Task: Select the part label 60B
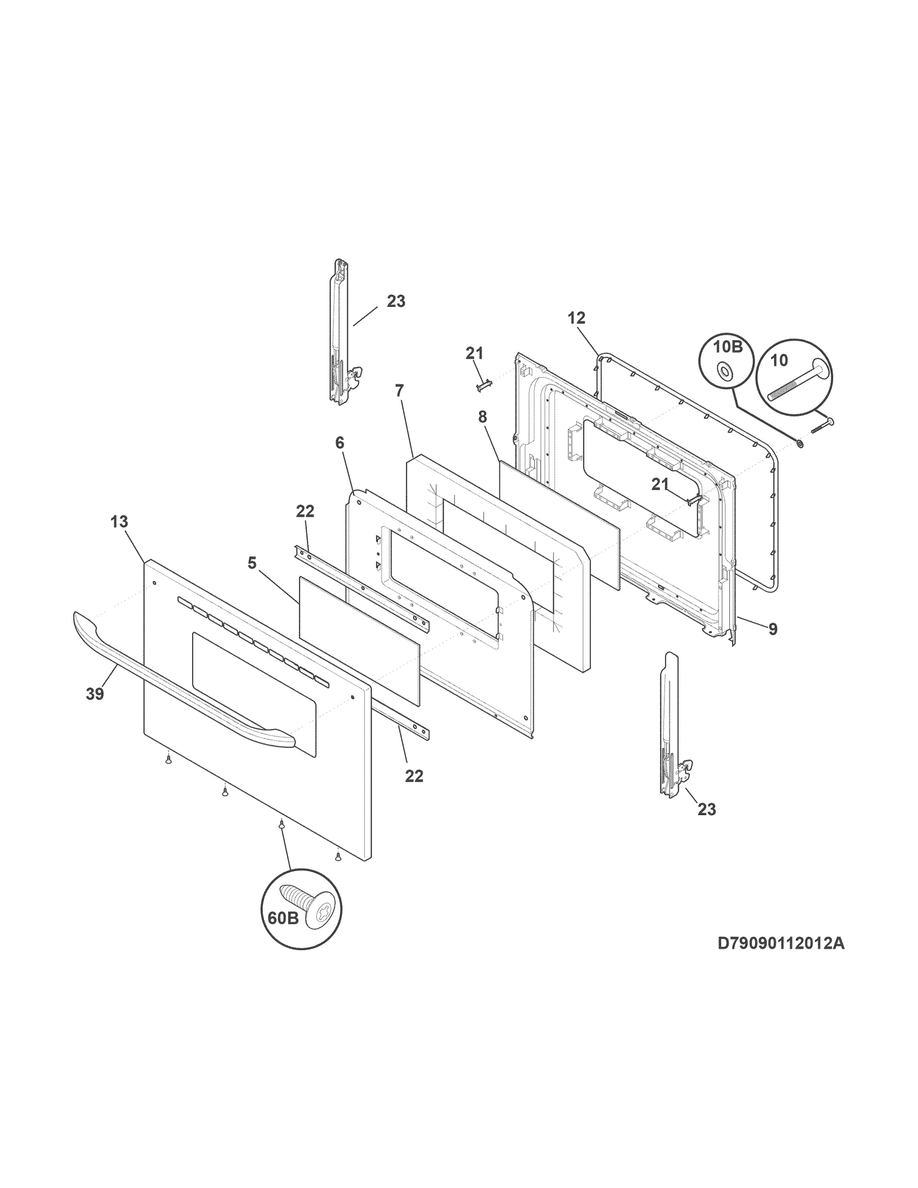coord(283,934)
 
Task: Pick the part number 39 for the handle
coord(95,694)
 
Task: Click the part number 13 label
coord(119,522)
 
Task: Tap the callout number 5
coord(252,563)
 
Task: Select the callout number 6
coord(340,442)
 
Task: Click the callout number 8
coord(482,417)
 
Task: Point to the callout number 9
coord(773,629)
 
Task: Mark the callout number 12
coord(577,318)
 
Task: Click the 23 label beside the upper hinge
coord(396,301)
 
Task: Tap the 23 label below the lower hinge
coord(707,809)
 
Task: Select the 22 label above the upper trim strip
coord(305,511)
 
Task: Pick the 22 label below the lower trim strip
coord(414,776)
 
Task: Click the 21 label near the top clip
coord(474,353)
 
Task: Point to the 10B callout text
coord(728,346)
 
